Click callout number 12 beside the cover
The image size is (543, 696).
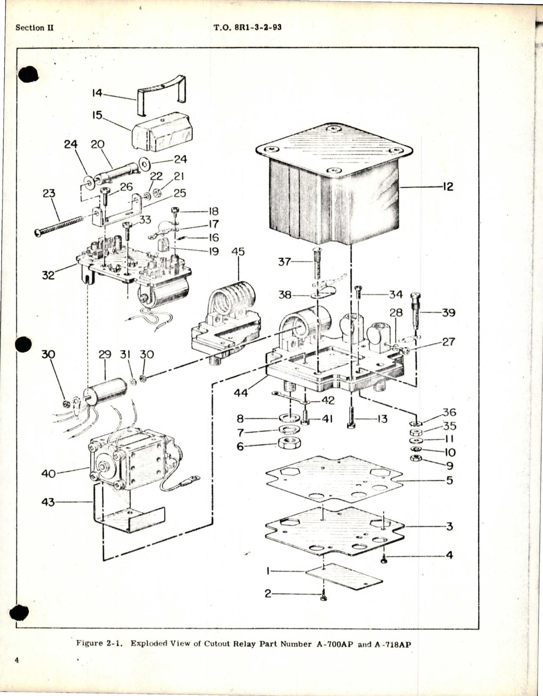pos(448,186)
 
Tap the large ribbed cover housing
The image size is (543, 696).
pos(335,199)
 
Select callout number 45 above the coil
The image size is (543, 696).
pos(238,252)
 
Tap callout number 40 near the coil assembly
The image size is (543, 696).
pos(48,473)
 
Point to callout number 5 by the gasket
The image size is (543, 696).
pos(449,480)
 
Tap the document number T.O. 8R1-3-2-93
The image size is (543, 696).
pos(248,28)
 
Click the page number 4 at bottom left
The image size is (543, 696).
pos(17,672)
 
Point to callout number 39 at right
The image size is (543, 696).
pos(448,313)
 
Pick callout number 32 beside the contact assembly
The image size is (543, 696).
pos(48,275)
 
